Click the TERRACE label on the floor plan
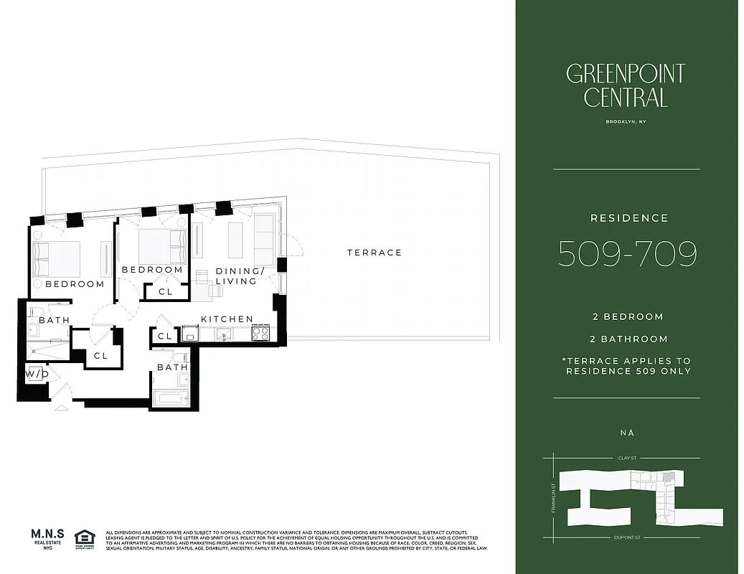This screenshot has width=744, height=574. pos(375,253)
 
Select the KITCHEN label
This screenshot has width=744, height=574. pos(227,319)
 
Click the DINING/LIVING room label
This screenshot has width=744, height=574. pos(237,276)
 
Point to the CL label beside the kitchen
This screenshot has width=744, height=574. pos(165,336)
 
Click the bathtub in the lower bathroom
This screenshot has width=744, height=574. pos(171,399)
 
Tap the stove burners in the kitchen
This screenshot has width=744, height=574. pos(260,333)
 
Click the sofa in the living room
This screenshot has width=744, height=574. pos(264,240)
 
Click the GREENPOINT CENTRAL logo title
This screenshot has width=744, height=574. pos(626,85)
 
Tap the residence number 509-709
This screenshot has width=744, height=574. pos(628,253)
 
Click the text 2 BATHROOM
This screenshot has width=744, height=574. pos(629,339)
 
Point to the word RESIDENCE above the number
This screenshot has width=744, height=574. pos(629,218)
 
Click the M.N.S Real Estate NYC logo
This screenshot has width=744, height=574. pos(48,538)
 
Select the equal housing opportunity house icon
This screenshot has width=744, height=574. pos(84,537)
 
